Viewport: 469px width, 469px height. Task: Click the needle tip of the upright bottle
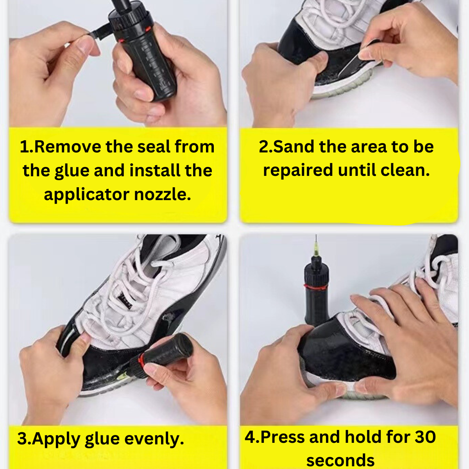(x=316, y=236)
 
